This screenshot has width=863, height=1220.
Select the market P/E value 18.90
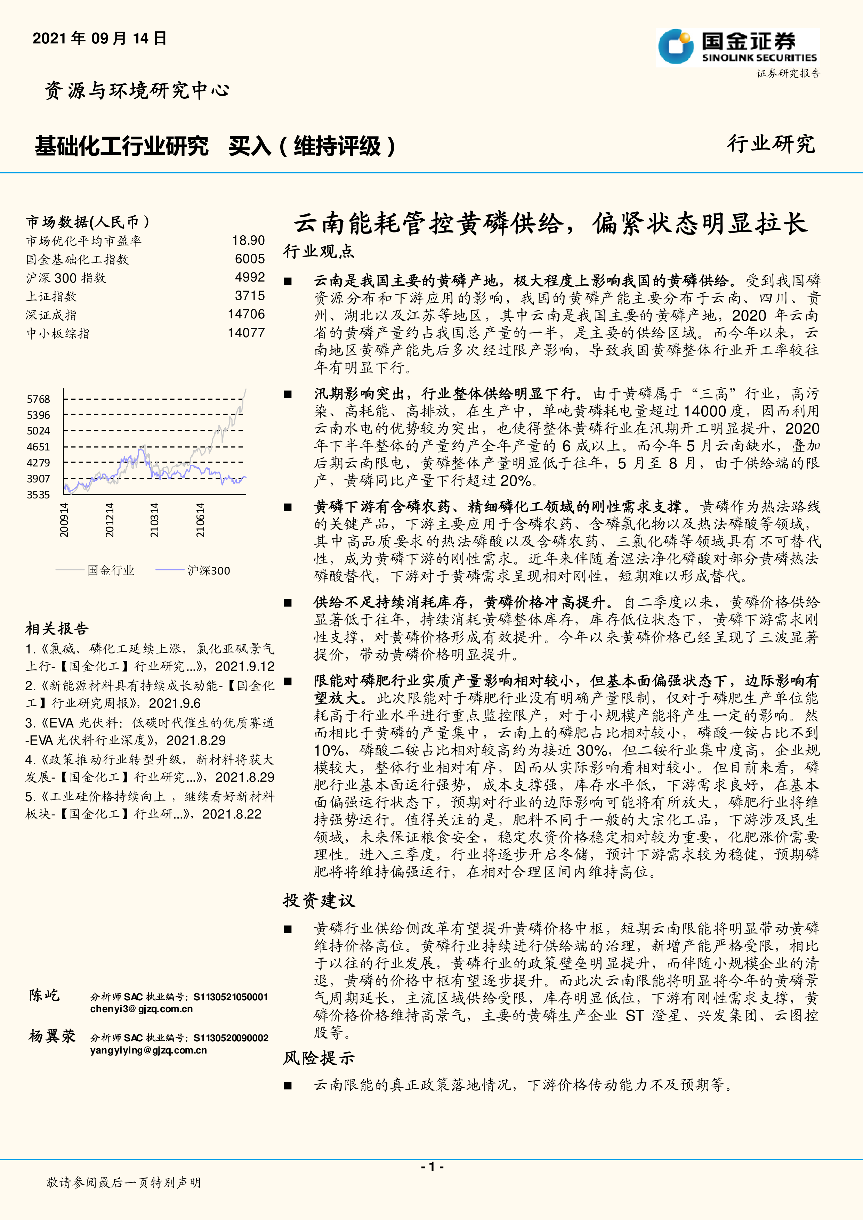click(248, 241)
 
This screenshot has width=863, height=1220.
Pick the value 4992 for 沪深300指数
click(250, 277)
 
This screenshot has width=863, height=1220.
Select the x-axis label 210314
click(154, 520)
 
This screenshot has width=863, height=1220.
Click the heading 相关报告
click(57, 629)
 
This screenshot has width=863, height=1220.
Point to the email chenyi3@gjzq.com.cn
click(142, 1009)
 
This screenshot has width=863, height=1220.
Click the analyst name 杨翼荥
click(52, 1036)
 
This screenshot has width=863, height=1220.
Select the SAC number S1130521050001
click(231, 997)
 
